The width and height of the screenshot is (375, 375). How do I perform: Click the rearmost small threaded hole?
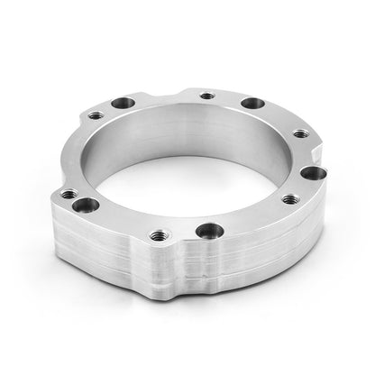[206, 95]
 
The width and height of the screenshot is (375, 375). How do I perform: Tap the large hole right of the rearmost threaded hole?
[252, 104]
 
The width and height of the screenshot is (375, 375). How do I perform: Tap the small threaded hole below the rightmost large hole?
[288, 199]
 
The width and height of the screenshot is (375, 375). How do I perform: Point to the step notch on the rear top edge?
[180, 93]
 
